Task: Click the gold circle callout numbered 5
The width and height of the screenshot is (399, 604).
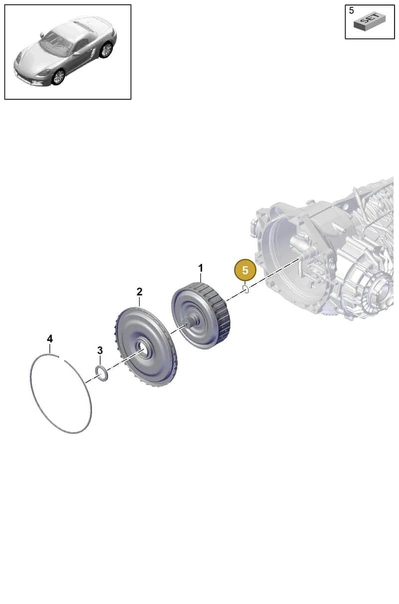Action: coord(245,270)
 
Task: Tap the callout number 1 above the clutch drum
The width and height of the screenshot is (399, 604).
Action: coord(200,268)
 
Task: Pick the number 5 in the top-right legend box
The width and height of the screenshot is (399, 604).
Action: coord(351,11)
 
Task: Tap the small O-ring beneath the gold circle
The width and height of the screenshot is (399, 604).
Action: coord(246,289)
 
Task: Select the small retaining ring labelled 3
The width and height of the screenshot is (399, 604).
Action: coord(102,374)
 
